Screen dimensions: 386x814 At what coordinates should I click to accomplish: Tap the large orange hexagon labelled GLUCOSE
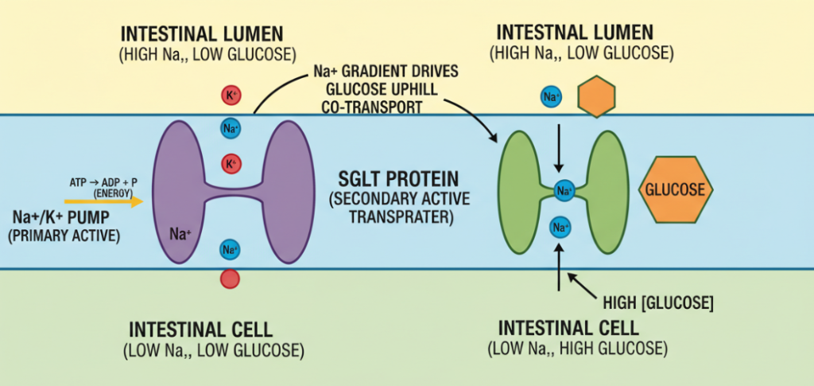[676, 189]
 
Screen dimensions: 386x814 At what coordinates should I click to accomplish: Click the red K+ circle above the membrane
[231, 96]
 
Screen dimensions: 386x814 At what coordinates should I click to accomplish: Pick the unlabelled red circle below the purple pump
[230, 279]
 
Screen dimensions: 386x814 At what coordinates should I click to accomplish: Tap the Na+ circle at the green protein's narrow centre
[564, 190]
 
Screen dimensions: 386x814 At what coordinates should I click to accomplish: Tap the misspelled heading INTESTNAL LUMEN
[575, 33]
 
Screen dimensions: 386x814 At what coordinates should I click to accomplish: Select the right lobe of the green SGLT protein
[608, 189]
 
